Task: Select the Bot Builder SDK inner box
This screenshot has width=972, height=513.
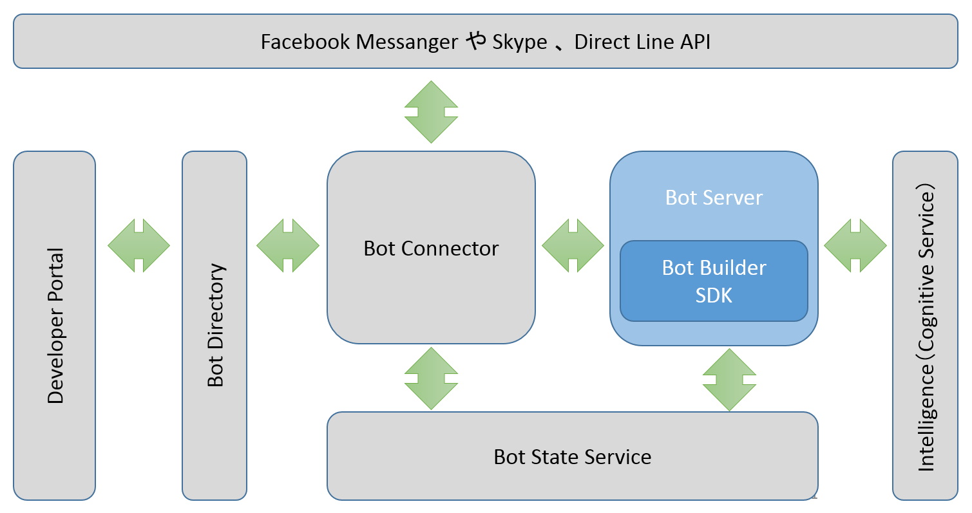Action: (x=714, y=281)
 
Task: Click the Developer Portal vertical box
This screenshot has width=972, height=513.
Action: (x=55, y=326)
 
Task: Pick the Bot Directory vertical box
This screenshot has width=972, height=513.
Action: (x=214, y=326)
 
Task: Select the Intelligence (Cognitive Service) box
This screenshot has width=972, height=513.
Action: (x=925, y=326)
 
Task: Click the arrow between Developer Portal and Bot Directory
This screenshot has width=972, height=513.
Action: (x=138, y=245)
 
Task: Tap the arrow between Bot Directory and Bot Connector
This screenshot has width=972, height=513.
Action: (x=287, y=245)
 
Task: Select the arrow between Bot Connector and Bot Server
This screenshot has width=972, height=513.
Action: (x=573, y=245)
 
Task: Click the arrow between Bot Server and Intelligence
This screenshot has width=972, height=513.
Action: (x=855, y=245)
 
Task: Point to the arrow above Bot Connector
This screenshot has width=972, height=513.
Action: (x=431, y=112)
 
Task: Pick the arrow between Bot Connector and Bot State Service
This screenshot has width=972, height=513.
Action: (x=431, y=378)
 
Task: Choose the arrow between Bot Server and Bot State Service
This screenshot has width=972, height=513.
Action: (x=729, y=380)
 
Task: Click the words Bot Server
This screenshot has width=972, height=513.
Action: (x=714, y=198)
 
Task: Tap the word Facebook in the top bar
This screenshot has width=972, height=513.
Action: (x=305, y=42)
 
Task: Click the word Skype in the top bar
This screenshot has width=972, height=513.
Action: (x=519, y=42)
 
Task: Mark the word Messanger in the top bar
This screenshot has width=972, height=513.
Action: (x=407, y=42)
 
